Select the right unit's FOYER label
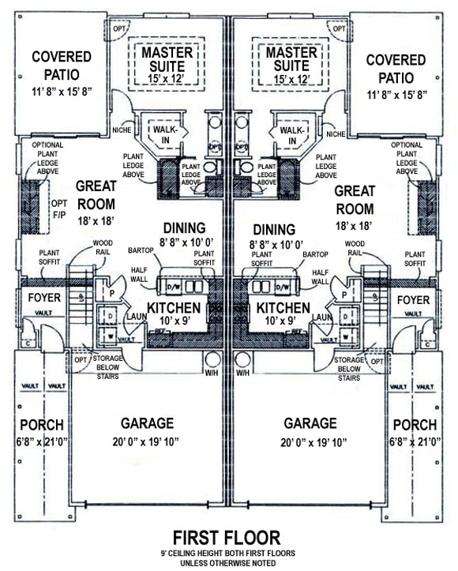pos(413,300)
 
